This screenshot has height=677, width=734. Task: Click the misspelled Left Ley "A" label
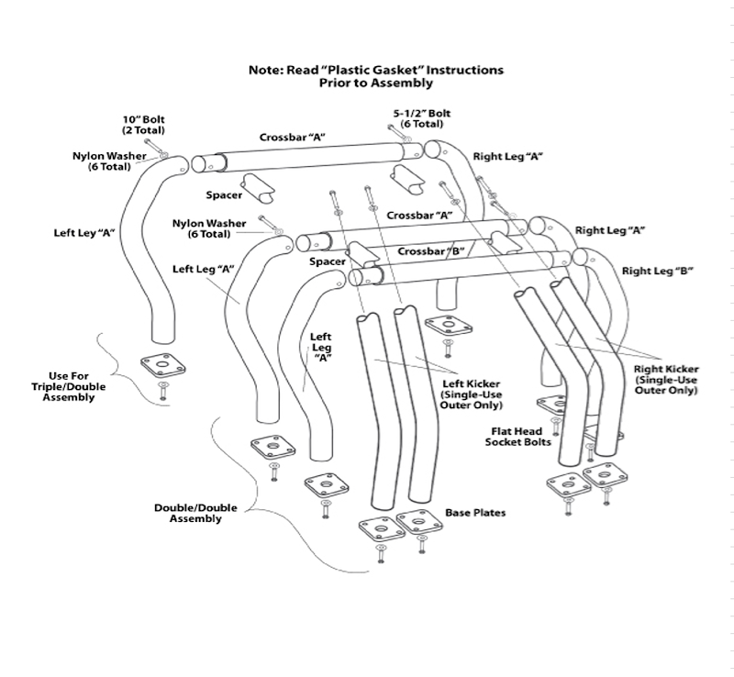tap(83, 232)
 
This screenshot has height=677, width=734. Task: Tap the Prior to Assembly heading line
tap(375, 83)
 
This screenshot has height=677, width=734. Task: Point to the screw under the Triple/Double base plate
tap(162, 391)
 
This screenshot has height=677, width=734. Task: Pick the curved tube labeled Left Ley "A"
tap(148, 248)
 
